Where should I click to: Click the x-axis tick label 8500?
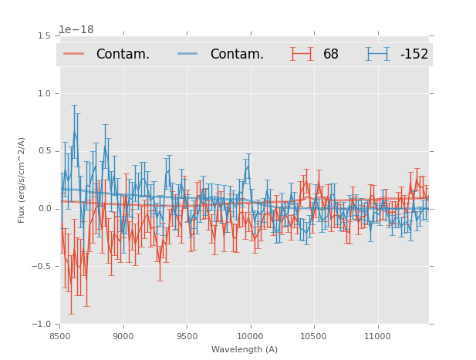tap(60, 336)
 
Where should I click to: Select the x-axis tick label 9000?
tap(123, 336)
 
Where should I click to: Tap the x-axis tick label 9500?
tap(187, 336)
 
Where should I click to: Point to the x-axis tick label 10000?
tap(250, 336)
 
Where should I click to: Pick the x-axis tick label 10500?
tap(314, 336)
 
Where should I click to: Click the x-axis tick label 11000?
tap(377, 336)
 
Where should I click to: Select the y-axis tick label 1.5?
tap(44, 35)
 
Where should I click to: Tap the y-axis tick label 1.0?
tap(44, 93)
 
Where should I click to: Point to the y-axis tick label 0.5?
tap(44, 151)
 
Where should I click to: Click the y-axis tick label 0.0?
tap(44, 209)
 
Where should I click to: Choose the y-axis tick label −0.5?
tap(42, 267)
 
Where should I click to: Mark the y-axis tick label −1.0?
tap(42, 325)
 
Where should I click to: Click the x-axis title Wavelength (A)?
tap(245, 350)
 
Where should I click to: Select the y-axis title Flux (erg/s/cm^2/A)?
tap(22, 180)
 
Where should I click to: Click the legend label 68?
tap(331, 55)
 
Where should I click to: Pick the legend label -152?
tap(414, 55)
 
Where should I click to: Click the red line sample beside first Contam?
tap(74, 54)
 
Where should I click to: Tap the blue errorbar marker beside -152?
tap(378, 54)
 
